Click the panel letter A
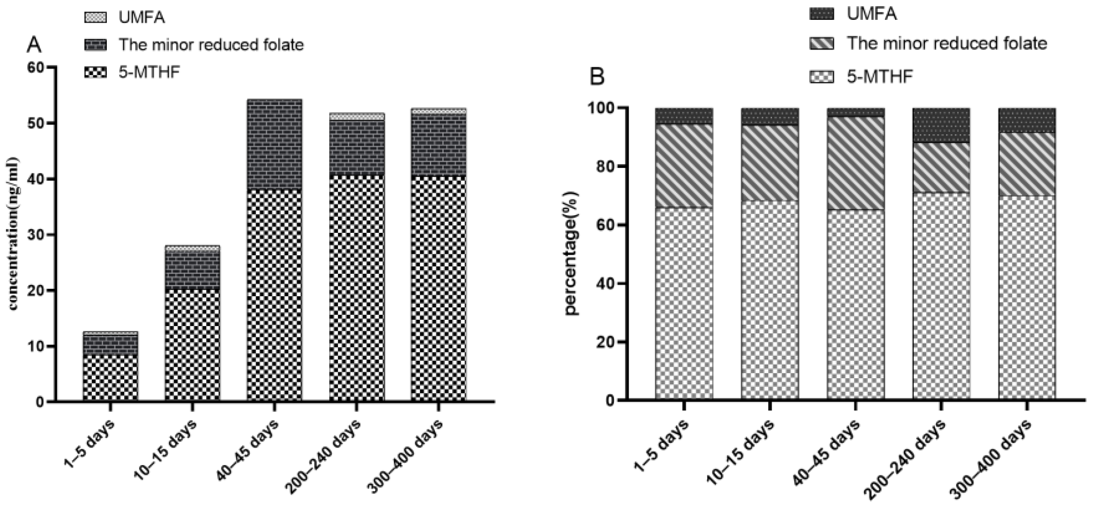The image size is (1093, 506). [x=34, y=45]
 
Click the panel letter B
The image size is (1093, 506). [x=598, y=77]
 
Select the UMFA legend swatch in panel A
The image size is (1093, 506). [x=96, y=17]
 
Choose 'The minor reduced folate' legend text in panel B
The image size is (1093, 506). [x=946, y=44]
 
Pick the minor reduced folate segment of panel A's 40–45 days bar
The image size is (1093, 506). [x=274, y=144]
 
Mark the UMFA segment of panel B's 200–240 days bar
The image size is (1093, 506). [x=941, y=125]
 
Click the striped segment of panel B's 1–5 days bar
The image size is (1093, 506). [x=684, y=165]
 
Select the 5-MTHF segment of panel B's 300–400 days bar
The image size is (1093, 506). [x=1027, y=297]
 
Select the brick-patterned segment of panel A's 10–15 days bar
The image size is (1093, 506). [x=192, y=270]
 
